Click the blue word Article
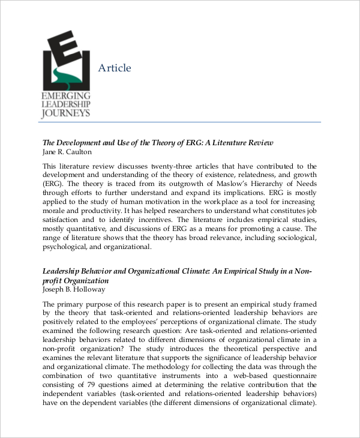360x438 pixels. (x=114, y=68)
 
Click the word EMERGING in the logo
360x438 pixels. (x=66, y=97)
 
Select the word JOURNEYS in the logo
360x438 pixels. (x=66, y=113)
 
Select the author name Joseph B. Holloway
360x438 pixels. (x=74, y=289)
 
